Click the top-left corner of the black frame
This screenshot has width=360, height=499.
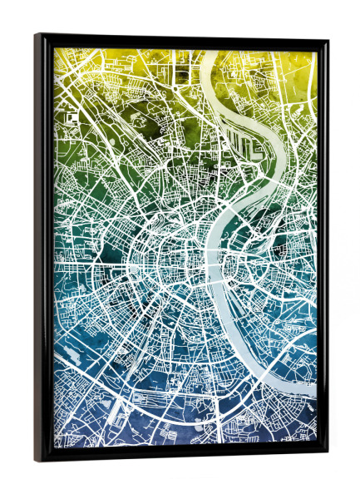click(x=37, y=35)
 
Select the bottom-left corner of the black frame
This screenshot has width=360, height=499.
click(x=37, y=461)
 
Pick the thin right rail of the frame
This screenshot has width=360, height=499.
click(x=322, y=249)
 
